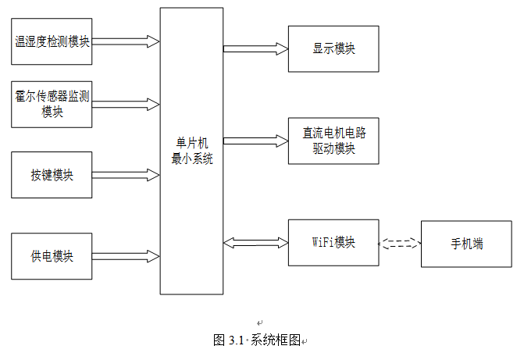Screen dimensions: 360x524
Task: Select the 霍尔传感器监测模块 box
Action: point(52,104)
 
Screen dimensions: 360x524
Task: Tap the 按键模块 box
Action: point(52,175)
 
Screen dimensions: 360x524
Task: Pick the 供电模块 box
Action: point(52,256)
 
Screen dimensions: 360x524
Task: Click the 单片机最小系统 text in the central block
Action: point(191,150)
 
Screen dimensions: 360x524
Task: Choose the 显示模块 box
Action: point(333,48)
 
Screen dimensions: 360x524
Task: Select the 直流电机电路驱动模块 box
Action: point(333,141)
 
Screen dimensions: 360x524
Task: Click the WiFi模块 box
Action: point(333,242)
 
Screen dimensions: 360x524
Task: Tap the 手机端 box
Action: point(466,244)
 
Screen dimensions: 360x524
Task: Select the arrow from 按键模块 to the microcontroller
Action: point(126,175)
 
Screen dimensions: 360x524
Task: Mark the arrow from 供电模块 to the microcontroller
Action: point(126,256)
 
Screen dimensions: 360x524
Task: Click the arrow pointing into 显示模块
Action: point(255,48)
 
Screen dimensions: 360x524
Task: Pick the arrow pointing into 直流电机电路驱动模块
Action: point(255,141)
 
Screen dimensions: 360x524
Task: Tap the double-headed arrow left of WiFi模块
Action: point(255,243)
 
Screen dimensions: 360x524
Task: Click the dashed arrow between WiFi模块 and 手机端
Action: point(400,244)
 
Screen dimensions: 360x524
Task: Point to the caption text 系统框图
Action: point(276,340)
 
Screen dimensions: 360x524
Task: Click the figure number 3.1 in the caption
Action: point(237,340)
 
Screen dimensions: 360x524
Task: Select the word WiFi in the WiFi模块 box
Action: point(323,242)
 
